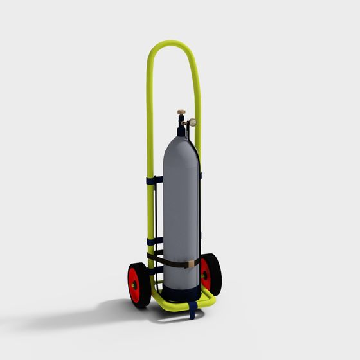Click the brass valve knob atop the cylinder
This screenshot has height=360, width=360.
182,113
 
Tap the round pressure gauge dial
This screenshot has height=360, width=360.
192,122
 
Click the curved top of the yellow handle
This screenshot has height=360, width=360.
172,44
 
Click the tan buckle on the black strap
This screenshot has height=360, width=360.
192,264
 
